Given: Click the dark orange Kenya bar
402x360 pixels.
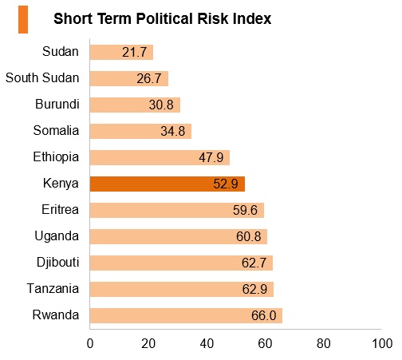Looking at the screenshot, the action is click(167, 184).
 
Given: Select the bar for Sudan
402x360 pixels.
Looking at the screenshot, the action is click(121, 52).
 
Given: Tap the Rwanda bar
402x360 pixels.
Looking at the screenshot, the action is click(186, 315).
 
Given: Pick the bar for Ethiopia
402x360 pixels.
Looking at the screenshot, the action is click(160, 157).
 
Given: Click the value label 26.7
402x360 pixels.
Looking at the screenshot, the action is click(149, 78).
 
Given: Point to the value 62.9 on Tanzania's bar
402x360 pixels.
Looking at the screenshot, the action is click(254, 289).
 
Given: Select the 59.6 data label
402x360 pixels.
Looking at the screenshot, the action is click(245, 210).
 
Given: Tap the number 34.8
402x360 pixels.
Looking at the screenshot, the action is click(173, 131).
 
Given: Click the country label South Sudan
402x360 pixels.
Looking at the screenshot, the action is click(42, 78).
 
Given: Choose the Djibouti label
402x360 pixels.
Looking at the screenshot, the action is click(58, 263).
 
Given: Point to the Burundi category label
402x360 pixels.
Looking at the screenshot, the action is click(57, 104).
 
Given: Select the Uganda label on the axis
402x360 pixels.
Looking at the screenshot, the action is click(57, 236).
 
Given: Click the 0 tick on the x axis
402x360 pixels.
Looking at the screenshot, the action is click(90, 343).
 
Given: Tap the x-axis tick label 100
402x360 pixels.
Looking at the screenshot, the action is click(382, 343).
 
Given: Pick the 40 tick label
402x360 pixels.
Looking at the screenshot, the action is click(207, 343).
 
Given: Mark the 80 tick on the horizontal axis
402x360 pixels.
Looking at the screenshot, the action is click(323, 343).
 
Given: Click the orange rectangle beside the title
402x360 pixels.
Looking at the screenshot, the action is click(23, 20).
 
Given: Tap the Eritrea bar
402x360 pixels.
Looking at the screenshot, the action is click(177, 210).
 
